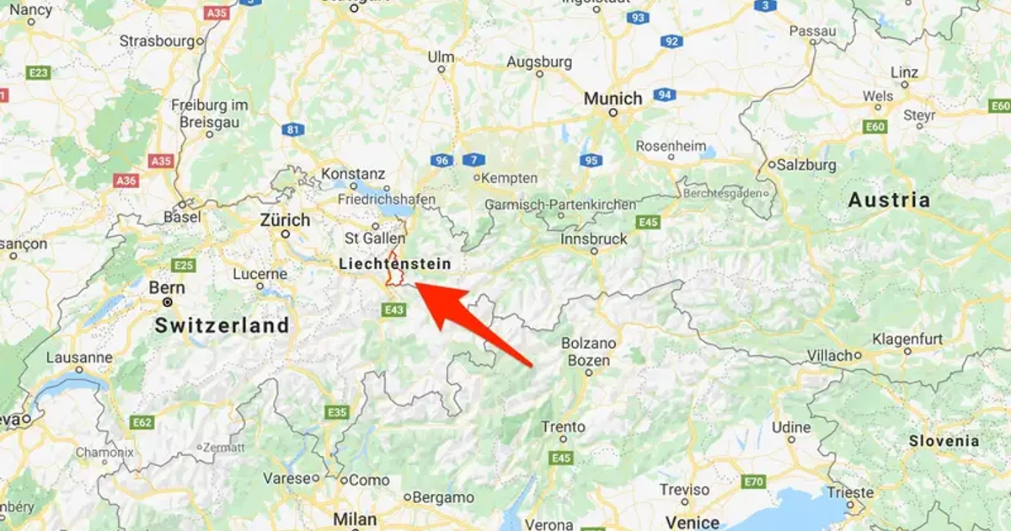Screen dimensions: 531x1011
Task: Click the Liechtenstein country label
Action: (394, 264)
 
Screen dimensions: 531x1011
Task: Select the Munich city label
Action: (613, 99)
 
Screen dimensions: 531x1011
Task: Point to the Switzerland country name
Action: (222, 325)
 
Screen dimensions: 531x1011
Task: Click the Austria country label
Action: (889, 201)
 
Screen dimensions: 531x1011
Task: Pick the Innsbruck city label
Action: (594, 239)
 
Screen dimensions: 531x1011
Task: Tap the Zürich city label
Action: (286, 219)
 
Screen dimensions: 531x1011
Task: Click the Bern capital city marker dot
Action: (168, 302)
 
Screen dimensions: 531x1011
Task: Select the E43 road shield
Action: (393, 310)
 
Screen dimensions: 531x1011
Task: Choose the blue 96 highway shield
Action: (441, 160)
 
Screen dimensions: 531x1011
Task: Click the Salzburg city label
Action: (807, 164)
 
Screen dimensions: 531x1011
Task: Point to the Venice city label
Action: (692, 523)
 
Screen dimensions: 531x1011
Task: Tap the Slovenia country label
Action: (944, 441)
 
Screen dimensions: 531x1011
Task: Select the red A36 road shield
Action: (126, 180)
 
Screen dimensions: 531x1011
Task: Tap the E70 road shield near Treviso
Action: (752, 482)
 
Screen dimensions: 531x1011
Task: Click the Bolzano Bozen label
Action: (589, 352)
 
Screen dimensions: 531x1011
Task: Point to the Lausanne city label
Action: (79, 357)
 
